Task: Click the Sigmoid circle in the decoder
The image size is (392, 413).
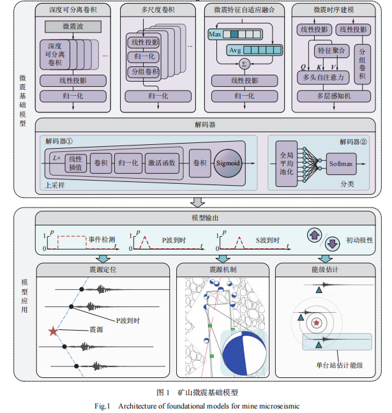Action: [227, 163]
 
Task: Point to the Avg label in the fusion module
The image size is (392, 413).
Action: [236, 50]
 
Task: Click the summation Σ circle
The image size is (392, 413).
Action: [243, 64]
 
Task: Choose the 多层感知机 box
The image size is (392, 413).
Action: [333, 96]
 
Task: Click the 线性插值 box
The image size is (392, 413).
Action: [75, 163]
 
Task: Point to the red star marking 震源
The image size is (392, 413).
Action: [52, 331]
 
